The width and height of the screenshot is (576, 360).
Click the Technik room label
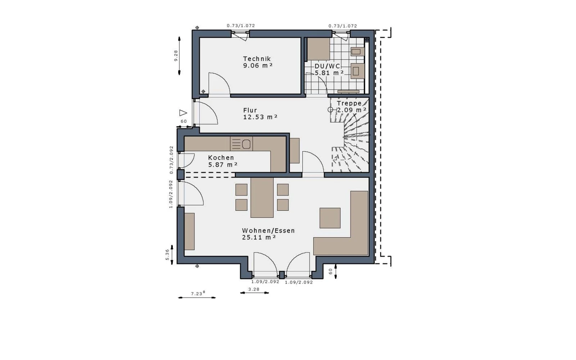pos(257,59)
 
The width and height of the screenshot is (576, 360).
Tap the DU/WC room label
pos(327,66)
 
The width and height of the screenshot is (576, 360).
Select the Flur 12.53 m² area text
pos(260,114)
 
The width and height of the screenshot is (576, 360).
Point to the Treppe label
pos(349,103)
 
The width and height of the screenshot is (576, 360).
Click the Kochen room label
pos(221,158)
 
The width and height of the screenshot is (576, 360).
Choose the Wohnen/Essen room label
pos(269,231)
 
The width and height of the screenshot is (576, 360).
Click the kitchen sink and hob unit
pos(241,144)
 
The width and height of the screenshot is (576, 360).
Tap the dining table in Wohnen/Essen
pos(262,198)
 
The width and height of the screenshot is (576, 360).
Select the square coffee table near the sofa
pos(330,218)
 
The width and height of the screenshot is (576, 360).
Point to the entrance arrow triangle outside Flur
pos(183,113)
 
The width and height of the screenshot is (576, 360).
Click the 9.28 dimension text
pos(176,55)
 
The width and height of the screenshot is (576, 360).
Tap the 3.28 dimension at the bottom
pos(254,289)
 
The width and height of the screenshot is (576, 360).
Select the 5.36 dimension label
pos(167,255)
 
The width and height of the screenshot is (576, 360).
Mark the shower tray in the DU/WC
pos(319,49)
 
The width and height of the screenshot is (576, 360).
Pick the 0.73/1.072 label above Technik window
pos(241,26)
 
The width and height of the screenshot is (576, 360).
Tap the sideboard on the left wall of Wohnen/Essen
pos(189,231)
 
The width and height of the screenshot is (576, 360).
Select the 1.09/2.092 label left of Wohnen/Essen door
pos(171,194)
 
